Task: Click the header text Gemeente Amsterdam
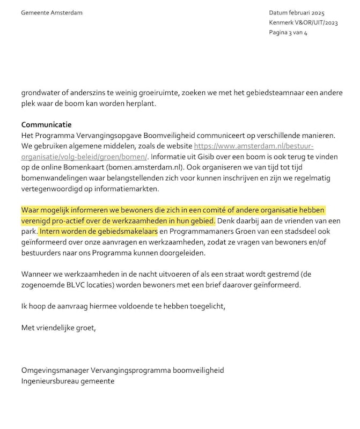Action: coord(52,13)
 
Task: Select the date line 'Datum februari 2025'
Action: coord(297,13)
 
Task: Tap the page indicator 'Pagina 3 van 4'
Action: coord(288,32)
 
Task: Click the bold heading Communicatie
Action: coord(46,125)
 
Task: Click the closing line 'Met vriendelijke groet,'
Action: coord(58,327)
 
